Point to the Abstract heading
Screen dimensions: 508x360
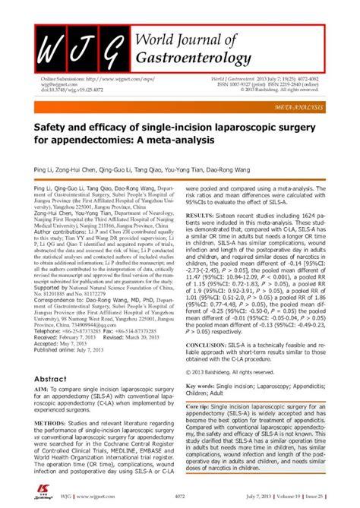tap(51, 378)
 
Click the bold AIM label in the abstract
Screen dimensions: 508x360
tap(41, 390)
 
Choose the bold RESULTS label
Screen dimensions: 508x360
tap(199, 237)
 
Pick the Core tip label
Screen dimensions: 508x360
tap(203, 407)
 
